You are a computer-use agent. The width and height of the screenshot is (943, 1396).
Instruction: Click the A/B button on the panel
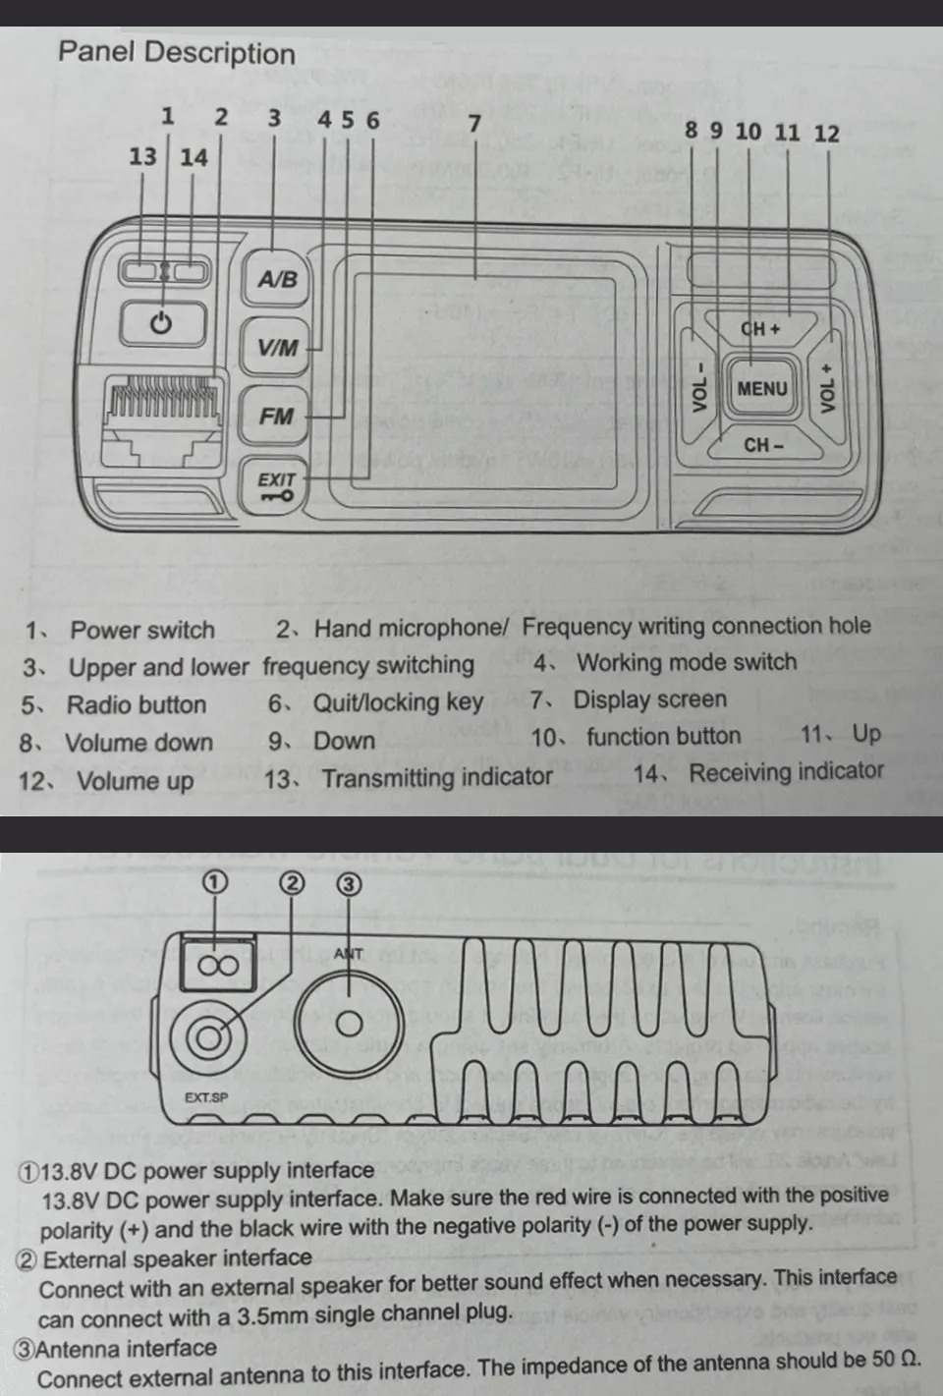(276, 279)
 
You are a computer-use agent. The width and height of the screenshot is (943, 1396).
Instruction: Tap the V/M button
(277, 347)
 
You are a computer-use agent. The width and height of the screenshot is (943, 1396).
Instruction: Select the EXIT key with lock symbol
(276, 486)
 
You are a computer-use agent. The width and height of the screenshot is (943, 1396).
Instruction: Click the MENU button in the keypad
(761, 388)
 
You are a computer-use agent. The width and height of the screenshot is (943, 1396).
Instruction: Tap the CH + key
(761, 329)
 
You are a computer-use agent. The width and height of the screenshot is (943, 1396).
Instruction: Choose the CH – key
(762, 445)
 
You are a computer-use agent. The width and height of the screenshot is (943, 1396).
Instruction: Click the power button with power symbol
(163, 322)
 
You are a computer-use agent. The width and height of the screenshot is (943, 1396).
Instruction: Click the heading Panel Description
(177, 53)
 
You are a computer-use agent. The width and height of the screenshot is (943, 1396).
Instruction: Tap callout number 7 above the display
(474, 124)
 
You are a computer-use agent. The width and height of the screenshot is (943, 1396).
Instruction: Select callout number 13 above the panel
(142, 157)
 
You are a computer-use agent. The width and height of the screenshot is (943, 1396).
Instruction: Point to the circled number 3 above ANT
(349, 884)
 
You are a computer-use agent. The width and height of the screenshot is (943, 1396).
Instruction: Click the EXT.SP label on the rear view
(206, 1097)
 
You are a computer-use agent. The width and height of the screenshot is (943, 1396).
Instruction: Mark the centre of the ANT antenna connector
(349, 1024)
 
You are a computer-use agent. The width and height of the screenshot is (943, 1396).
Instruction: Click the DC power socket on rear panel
(218, 965)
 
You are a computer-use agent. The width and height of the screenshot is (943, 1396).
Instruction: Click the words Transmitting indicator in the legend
(437, 778)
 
